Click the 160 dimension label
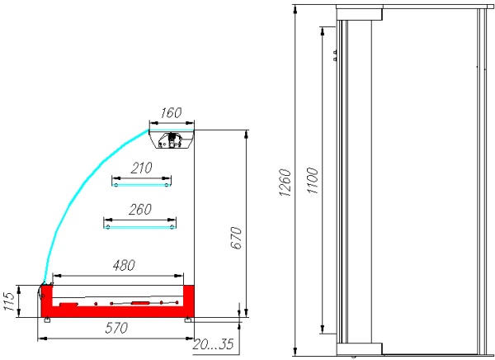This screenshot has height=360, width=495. click(171, 112)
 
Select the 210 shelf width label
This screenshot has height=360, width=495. click(141, 168)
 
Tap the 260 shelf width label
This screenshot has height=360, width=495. click(140, 209)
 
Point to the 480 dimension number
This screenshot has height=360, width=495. click(124, 265)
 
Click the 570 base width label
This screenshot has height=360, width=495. click(116, 328)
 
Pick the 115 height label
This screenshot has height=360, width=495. click(9, 301)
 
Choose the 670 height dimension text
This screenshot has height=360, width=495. click(236, 238)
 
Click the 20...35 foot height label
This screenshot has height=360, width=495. click(213, 344)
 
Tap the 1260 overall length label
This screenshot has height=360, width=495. click(285, 182)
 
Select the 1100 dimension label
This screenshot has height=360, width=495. click(313, 181)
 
